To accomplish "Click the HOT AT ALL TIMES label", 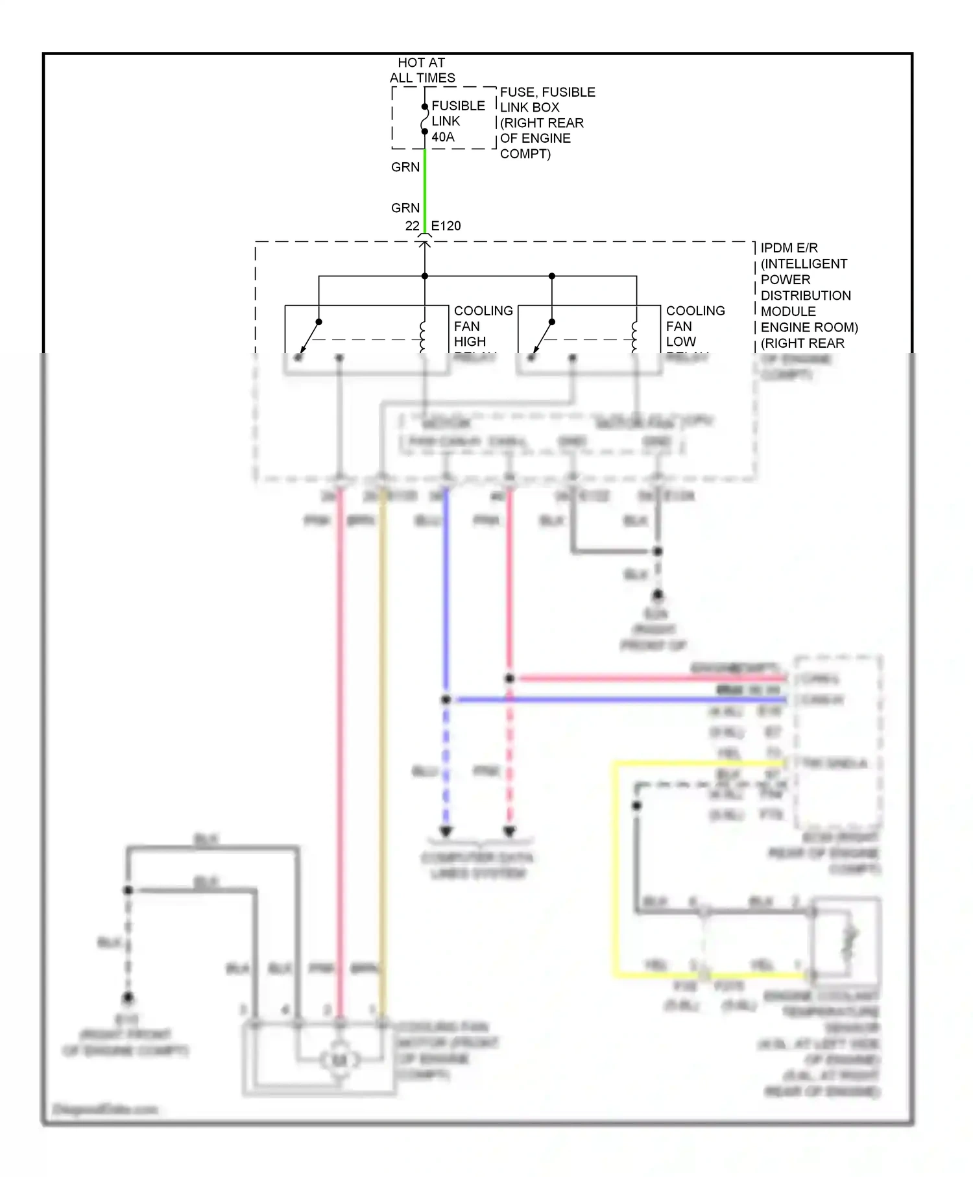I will coord(422,70).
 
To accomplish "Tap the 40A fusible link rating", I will coord(443,137).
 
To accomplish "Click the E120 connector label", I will coord(446,226).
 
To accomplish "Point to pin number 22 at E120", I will coord(412,226).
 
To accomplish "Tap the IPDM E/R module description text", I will coord(808,295).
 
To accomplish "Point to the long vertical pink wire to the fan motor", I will coord(340,746).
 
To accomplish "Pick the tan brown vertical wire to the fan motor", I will coord(383,746).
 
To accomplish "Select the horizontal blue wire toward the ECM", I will coord(616,699).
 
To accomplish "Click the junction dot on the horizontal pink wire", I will coord(510,679).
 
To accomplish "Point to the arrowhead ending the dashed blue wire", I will coord(446,831).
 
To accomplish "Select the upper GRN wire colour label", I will coord(405,167).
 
